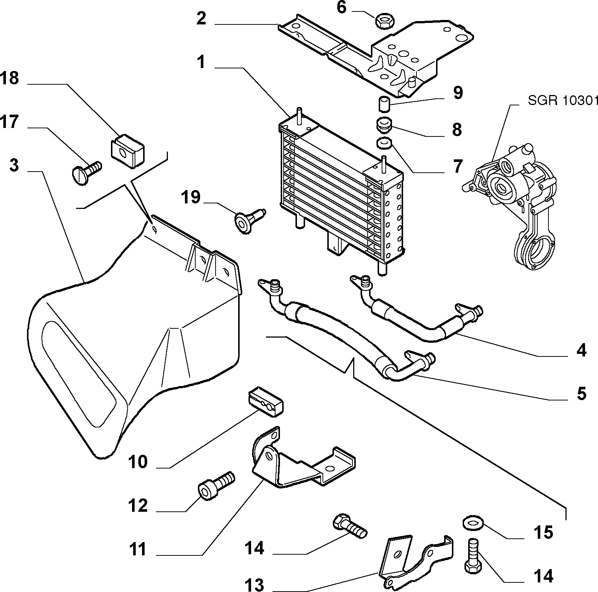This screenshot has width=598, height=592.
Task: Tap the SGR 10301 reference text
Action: pyautogui.click(x=562, y=101)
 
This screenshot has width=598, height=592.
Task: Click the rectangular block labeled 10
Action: pyautogui.click(x=264, y=402)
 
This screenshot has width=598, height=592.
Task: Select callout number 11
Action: pyautogui.click(x=138, y=549)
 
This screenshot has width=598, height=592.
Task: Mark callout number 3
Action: pyautogui.click(x=14, y=165)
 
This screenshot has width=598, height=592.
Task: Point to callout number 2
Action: pyautogui.click(x=201, y=18)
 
